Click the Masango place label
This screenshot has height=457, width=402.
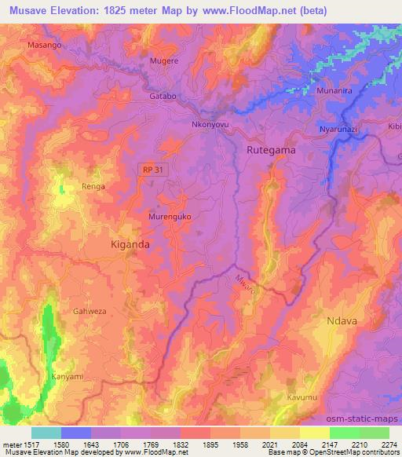44,46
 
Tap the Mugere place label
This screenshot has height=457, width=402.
164,60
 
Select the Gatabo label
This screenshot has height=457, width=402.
163,96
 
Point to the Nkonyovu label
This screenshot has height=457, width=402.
214,123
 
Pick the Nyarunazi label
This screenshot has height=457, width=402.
338,128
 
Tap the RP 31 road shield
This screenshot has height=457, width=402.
153,169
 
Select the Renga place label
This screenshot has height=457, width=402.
93,187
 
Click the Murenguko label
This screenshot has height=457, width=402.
170,215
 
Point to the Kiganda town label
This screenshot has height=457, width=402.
130,244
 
